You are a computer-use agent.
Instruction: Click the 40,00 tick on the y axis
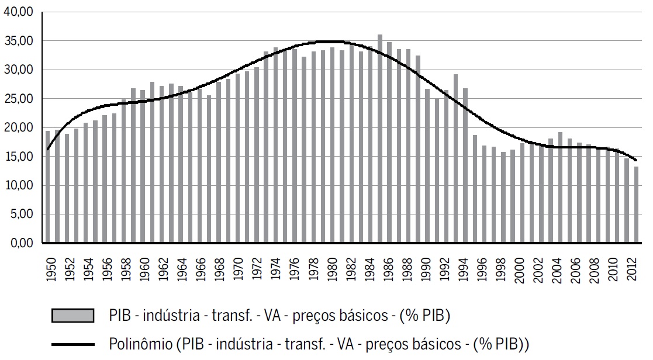point(22,12)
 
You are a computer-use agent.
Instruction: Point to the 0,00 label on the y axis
point(24,243)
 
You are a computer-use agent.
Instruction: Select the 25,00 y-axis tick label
point(22,99)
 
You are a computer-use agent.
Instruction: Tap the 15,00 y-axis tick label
point(22,157)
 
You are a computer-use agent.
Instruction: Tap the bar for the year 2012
point(636,205)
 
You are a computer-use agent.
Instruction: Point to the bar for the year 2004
point(560,188)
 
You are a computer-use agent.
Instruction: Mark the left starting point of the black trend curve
point(47,150)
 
